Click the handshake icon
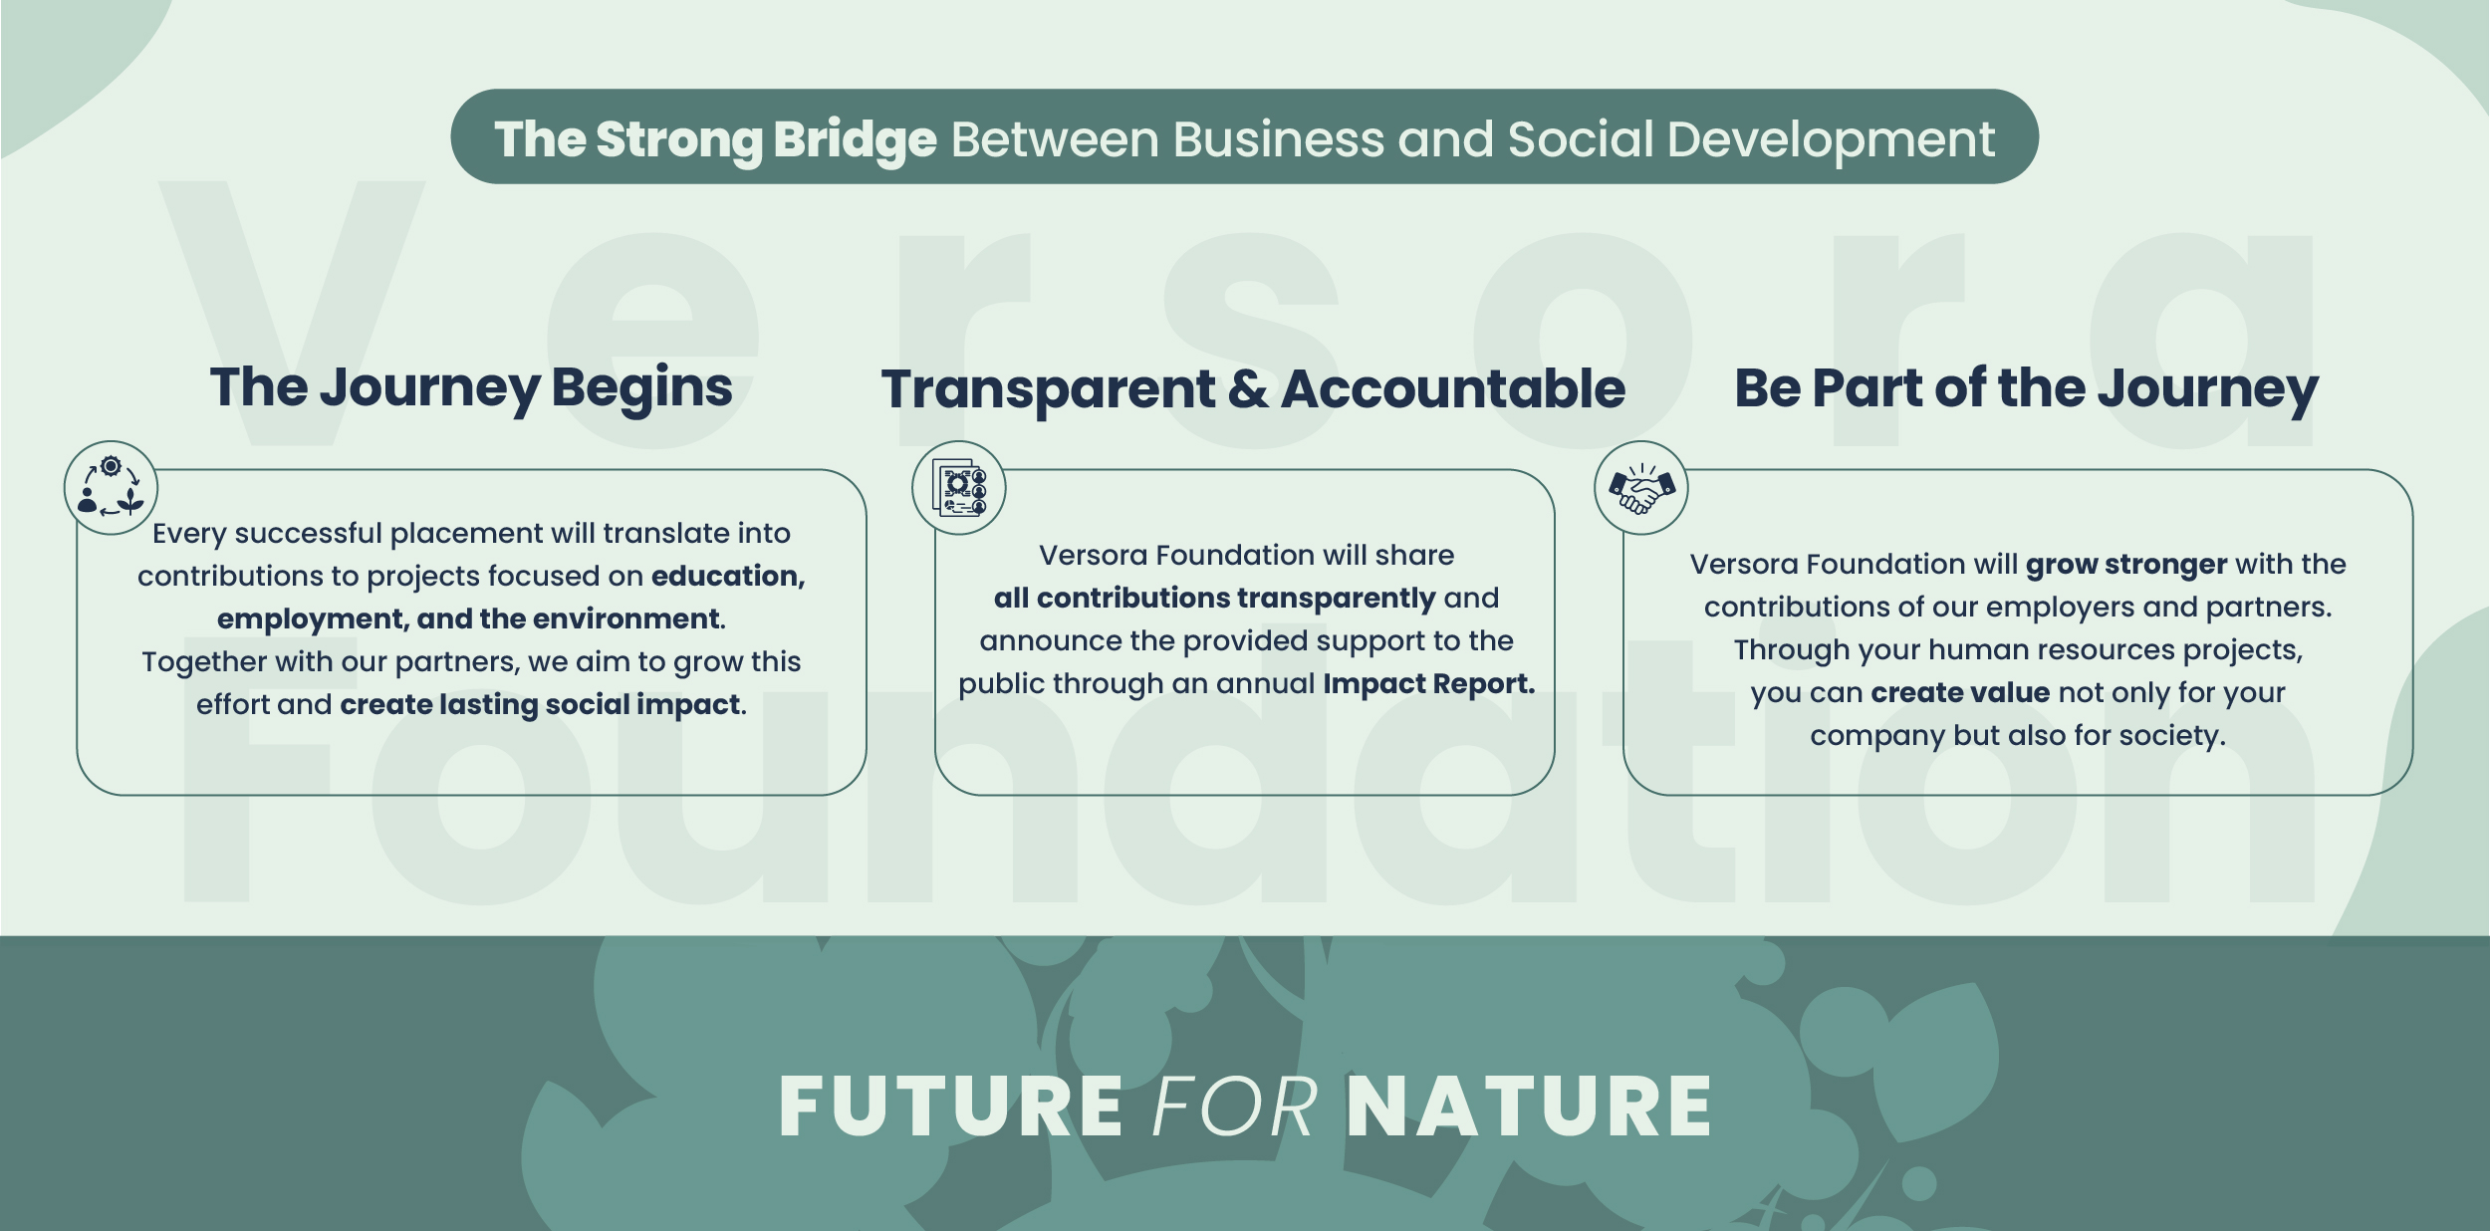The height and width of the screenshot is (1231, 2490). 1641,489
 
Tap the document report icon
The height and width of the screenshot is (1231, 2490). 959,488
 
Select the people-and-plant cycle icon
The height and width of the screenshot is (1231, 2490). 111,487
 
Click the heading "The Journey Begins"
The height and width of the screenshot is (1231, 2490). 471,388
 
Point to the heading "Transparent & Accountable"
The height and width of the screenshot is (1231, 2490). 1253,389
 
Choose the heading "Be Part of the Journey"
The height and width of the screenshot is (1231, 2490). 2027,388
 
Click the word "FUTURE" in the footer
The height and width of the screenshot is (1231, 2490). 951,1107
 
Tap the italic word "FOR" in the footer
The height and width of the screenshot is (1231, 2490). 1235,1107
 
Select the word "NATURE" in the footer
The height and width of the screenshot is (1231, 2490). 1529,1107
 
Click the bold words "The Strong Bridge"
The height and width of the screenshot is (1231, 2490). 716,139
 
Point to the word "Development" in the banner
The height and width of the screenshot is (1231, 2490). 1831,140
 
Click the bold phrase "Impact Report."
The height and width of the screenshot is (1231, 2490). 1429,684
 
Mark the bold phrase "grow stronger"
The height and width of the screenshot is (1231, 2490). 2126,565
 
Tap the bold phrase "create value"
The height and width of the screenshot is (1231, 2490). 1960,692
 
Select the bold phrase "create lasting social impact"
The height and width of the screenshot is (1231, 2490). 540,705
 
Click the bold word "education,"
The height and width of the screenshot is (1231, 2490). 728,577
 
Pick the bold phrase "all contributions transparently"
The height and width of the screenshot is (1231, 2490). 1214,599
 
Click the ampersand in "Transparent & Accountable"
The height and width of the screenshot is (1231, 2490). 1248,389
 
